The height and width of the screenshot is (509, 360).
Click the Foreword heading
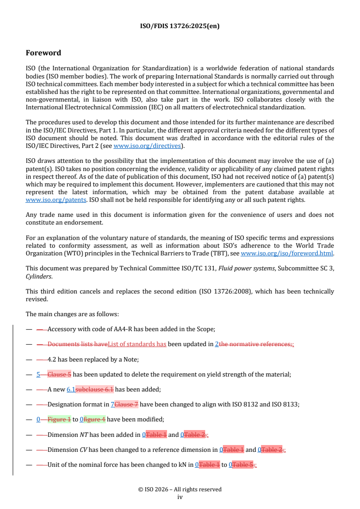[43, 53]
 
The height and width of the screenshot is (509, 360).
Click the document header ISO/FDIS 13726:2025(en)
[180, 26]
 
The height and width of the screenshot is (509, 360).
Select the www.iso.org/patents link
[47, 200]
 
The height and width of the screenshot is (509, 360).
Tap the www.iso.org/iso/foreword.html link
[287, 254]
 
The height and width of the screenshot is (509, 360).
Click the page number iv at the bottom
[180, 497]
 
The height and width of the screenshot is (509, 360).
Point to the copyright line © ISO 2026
[180, 489]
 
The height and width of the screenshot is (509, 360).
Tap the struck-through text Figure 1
[59, 419]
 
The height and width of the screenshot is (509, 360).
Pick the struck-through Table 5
[242, 465]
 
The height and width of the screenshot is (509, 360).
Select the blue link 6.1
[71, 389]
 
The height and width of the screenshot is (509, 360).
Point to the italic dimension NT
[84, 435]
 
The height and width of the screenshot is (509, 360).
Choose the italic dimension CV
[84, 450]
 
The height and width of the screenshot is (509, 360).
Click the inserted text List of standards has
[137, 344]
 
